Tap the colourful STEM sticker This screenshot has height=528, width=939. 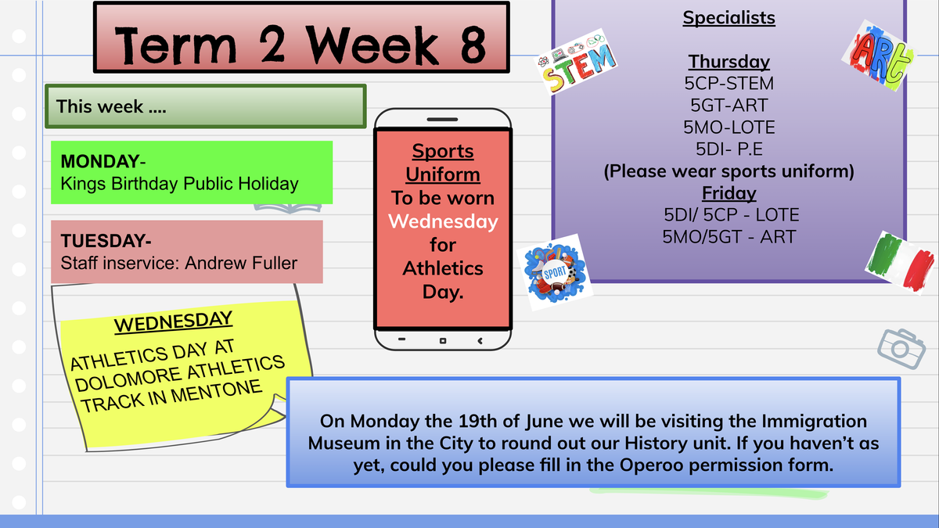(x=577, y=62)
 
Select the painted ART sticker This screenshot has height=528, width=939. (x=879, y=56)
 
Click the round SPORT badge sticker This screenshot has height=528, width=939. (x=555, y=272)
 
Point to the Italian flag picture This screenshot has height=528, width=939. (x=900, y=262)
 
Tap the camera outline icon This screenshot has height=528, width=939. (x=901, y=349)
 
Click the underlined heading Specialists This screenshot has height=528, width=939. (x=729, y=18)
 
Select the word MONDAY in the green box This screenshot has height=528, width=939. (x=100, y=161)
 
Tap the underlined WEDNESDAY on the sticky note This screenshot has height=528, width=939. (x=173, y=322)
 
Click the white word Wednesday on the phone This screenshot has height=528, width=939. (x=443, y=221)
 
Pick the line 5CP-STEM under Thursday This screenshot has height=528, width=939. (x=729, y=84)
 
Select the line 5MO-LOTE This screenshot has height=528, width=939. (x=729, y=128)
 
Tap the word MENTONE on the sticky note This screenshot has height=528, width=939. (x=216, y=393)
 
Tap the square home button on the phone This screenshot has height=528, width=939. (x=443, y=341)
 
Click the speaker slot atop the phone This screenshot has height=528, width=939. (x=442, y=120)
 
